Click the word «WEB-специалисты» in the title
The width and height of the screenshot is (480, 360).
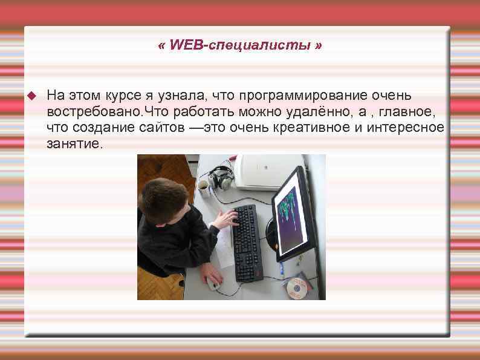coord(241,46)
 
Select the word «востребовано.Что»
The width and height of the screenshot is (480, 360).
coord(99,111)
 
